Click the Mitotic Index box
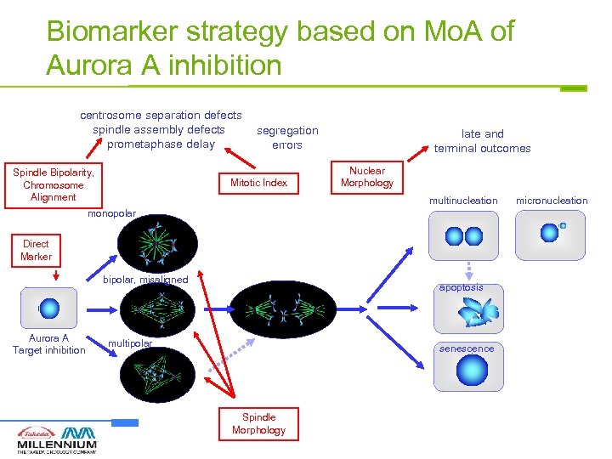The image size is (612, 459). click(258, 183)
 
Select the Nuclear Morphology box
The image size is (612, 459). click(366, 177)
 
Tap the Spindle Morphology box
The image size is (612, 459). click(258, 423)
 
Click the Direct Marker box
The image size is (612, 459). click(37, 250)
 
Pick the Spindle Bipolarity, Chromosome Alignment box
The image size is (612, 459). click(53, 184)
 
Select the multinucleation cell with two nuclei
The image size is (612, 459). click(464, 235)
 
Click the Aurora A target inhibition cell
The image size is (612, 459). click(49, 308)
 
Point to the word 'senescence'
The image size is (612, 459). click(467, 348)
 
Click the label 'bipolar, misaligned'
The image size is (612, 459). click(145, 280)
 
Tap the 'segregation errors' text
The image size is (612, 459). click(287, 138)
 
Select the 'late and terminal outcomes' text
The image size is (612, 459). click(482, 141)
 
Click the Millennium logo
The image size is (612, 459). click(57, 439)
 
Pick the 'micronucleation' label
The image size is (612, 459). click(552, 201)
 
